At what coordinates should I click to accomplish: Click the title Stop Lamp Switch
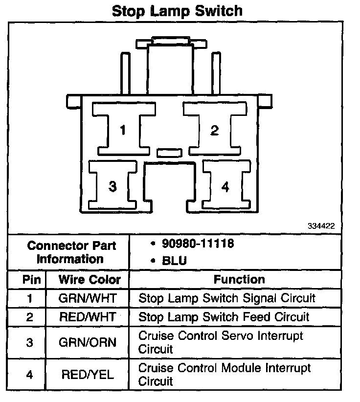[177, 11]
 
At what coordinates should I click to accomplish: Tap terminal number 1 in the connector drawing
[123, 131]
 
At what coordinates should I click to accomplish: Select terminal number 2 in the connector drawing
[214, 131]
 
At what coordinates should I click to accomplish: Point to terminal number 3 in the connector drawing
[112, 187]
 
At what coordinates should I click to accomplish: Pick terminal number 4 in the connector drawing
[225, 187]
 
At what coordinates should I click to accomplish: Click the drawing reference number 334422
[321, 226]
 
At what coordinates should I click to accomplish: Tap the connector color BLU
[175, 261]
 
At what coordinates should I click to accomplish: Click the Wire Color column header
[90, 280]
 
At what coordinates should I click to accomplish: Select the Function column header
[239, 280]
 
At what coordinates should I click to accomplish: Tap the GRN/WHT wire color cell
[88, 298]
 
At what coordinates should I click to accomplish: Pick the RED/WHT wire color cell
[88, 317]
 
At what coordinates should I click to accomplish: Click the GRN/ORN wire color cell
[88, 342]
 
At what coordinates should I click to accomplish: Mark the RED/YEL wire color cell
[88, 375]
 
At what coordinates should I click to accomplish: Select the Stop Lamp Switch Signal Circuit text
[227, 298]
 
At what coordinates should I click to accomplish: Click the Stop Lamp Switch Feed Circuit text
[224, 317]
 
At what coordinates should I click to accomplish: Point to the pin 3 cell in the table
[29, 342]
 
